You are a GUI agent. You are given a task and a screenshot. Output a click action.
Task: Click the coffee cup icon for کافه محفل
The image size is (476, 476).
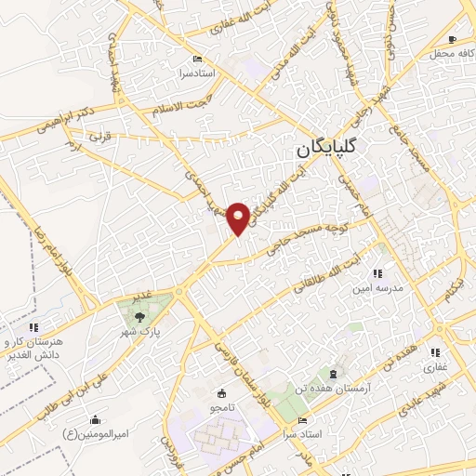(452, 39)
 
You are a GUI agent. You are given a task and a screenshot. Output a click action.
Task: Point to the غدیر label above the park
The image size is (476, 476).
(141, 297)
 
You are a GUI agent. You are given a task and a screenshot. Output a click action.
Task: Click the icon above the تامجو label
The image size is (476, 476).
(220, 391)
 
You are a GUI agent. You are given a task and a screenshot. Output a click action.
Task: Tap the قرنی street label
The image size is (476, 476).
(99, 136)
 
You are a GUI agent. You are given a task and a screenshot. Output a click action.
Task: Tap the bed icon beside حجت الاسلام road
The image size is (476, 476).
(195, 56)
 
